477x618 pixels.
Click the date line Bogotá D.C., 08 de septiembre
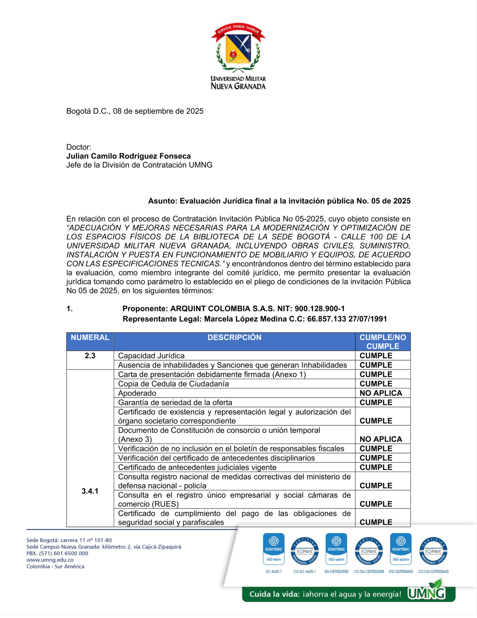[135, 111]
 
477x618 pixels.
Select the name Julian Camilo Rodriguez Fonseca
[128, 156]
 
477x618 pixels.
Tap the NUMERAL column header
[90, 338]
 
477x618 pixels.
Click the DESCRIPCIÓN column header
[234, 338]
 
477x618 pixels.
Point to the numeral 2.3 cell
[90, 356]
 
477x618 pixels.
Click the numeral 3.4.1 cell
[90, 491]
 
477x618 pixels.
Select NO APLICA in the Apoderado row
[381, 393]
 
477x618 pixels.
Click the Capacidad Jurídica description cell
[151, 356]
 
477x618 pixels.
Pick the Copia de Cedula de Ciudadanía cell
[174, 384]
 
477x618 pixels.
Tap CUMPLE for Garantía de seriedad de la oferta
[376, 403]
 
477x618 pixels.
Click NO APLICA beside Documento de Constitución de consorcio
[381, 439]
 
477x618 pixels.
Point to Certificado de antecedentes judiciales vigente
[197, 467]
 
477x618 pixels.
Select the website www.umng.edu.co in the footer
[50, 560]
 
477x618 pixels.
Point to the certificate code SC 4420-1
[274, 572]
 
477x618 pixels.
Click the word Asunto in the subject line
[162, 201]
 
